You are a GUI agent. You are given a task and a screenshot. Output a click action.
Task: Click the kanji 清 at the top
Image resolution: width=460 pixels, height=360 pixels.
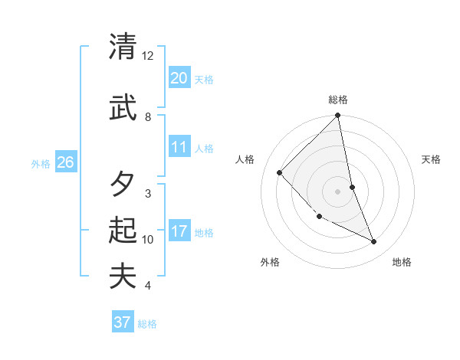[123, 47]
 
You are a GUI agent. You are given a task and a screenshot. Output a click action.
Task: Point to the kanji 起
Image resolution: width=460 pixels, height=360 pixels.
[123, 231]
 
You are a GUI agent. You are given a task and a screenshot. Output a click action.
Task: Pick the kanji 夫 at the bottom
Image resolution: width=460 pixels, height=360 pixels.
[123, 276]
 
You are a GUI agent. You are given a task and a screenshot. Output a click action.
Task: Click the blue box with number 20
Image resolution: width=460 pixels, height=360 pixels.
[179, 78]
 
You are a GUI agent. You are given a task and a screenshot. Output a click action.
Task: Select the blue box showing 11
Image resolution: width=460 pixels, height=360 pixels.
[179, 147]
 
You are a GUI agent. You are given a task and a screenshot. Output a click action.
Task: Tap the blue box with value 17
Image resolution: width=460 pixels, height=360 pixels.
[179, 231]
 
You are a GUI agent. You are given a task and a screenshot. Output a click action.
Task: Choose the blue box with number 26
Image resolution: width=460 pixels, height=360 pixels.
[65, 162]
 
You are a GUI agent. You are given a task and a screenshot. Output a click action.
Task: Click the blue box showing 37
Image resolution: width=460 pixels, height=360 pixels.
[123, 322]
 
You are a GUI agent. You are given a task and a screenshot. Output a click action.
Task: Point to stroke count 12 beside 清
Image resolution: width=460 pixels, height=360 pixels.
[148, 56]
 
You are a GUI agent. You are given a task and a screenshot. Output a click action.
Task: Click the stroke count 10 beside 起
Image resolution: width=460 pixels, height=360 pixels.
[148, 240]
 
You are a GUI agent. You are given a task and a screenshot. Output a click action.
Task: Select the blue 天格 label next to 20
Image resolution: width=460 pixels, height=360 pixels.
[204, 80]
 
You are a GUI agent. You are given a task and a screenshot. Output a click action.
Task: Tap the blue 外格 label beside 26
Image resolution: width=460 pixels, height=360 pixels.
[41, 164]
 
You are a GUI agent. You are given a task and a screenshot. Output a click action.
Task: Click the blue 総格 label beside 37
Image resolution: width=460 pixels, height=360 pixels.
[147, 324]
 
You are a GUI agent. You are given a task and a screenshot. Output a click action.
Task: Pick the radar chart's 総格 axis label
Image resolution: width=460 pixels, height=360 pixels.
[338, 100]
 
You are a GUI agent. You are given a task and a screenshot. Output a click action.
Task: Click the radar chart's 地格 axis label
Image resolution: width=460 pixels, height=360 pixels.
[402, 263]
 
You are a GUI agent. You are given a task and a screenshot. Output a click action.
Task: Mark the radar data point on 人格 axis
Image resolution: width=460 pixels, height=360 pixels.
[280, 173]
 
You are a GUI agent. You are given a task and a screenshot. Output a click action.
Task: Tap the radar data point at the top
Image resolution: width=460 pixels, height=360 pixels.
[338, 116]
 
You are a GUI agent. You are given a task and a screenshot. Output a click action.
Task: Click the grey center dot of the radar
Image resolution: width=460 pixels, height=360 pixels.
[338, 191]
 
